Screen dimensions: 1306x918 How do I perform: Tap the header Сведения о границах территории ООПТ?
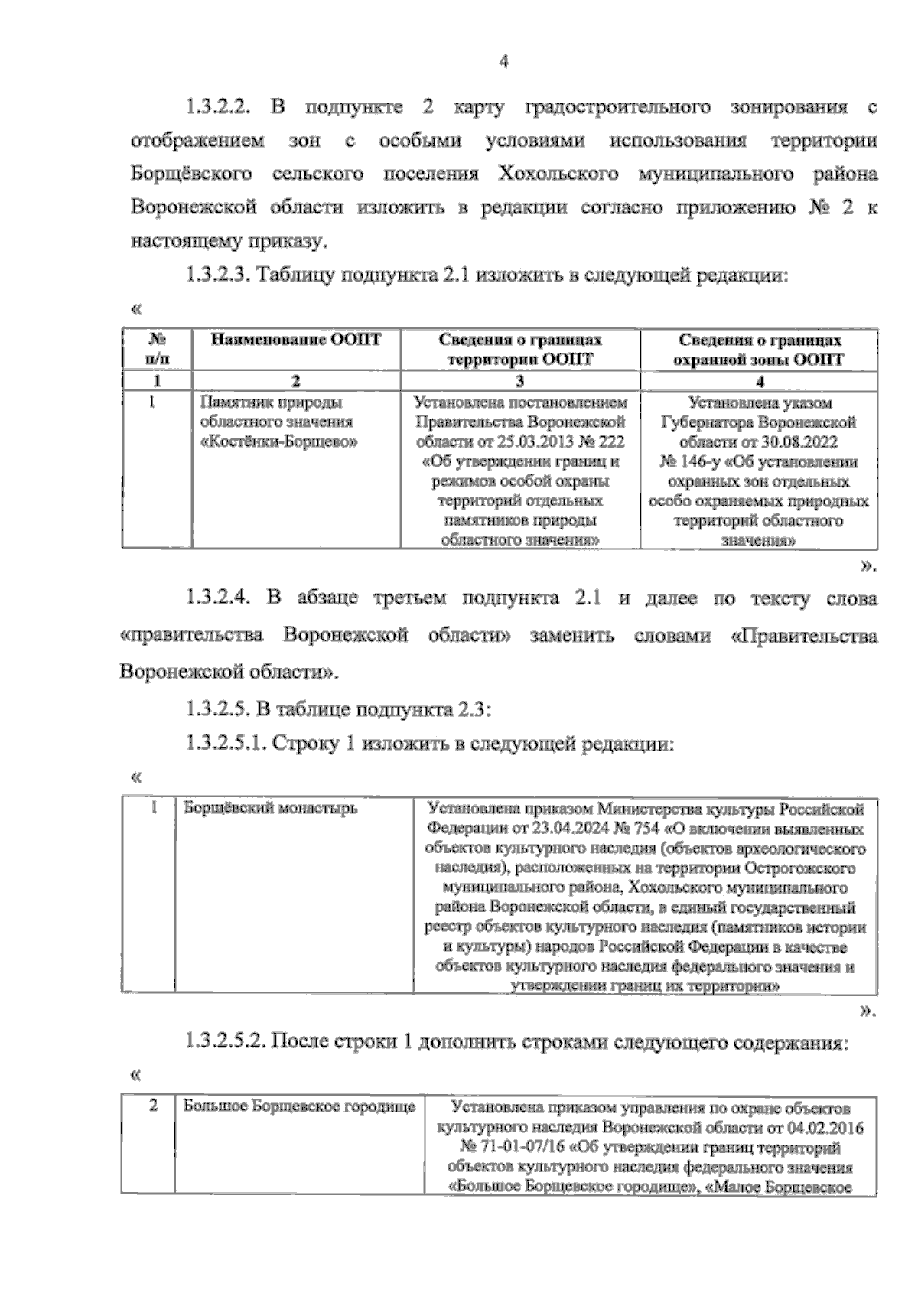coord(520,350)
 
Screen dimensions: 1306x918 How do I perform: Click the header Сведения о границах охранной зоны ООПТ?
coord(760,350)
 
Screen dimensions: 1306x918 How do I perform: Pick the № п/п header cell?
coord(157,350)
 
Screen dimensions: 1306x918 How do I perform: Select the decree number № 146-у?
coord(688,462)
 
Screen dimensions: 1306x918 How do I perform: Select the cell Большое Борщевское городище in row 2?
coord(298,1106)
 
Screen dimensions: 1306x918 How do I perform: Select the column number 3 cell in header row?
coord(520,381)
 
